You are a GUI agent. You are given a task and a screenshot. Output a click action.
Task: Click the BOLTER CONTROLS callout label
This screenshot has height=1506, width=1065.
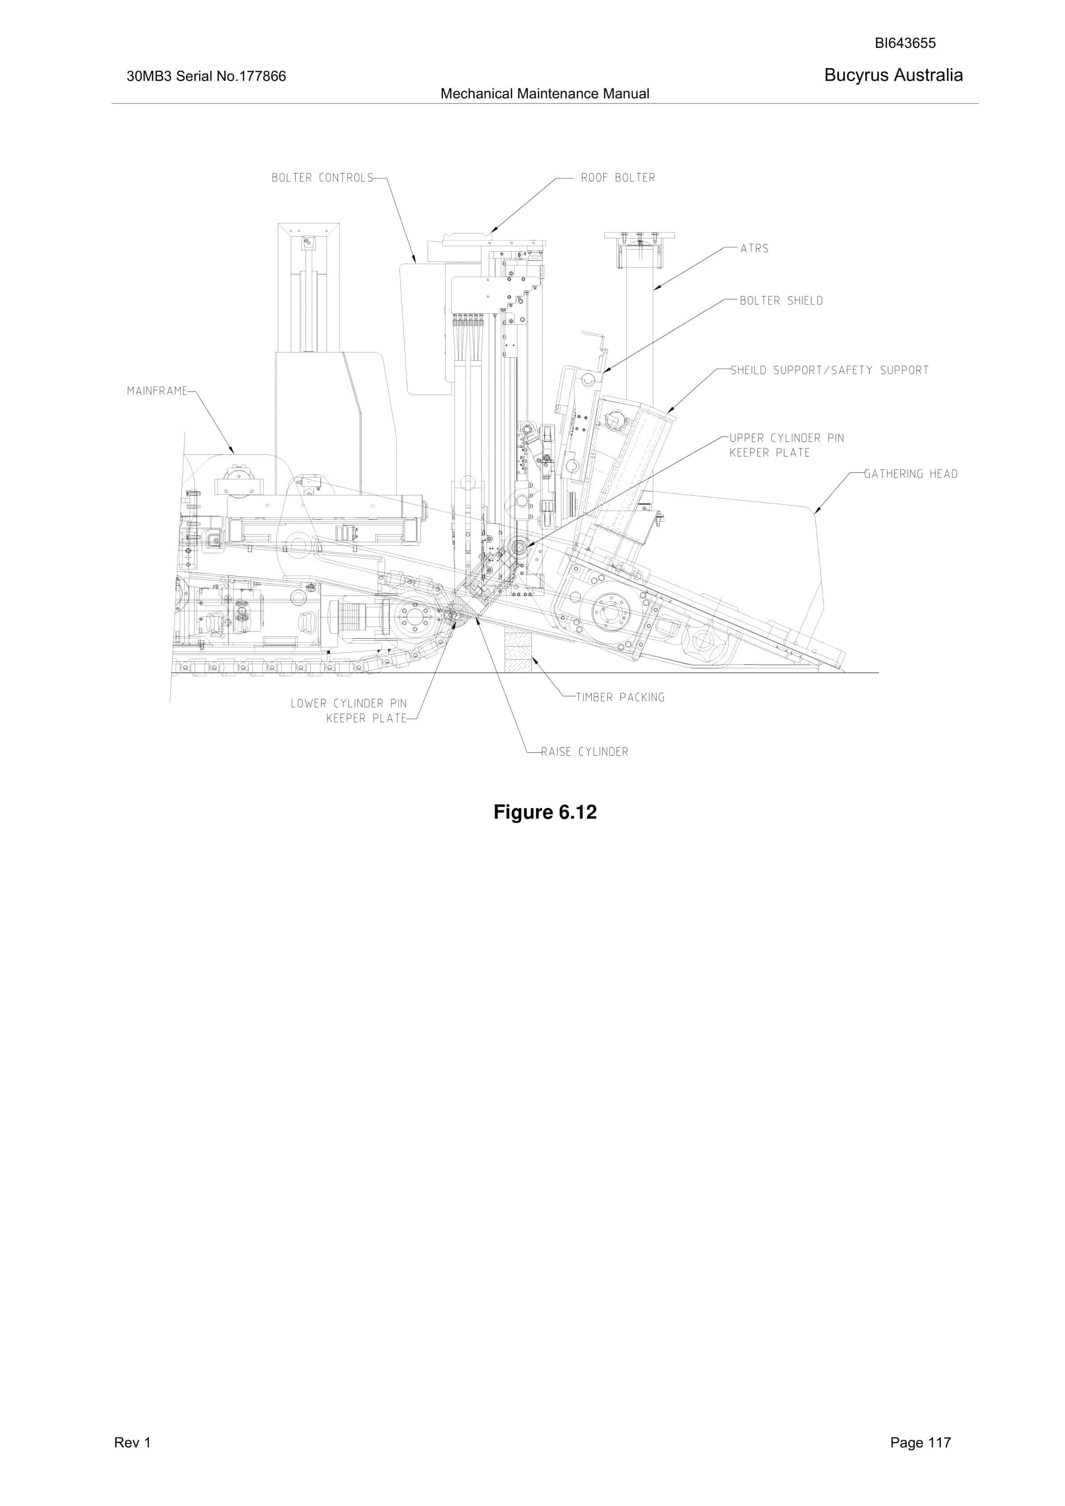click(x=322, y=178)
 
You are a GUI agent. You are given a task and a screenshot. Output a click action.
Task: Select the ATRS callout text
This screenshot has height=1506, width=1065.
click(x=754, y=249)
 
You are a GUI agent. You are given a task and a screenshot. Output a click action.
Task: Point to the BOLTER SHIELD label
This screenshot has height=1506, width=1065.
click(x=781, y=301)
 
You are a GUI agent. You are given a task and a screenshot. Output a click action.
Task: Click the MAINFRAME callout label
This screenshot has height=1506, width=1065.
click(x=157, y=391)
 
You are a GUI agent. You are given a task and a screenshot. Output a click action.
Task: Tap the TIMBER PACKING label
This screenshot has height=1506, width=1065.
click(x=620, y=697)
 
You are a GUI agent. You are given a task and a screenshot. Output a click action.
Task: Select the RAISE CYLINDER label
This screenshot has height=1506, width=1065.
click(x=585, y=752)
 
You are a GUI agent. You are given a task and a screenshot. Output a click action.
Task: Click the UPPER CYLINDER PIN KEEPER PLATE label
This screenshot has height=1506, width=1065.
click(x=787, y=445)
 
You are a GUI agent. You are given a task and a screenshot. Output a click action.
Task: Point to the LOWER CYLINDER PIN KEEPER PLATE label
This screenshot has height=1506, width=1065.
click(x=348, y=711)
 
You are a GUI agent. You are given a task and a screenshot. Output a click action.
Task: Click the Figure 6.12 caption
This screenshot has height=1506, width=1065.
click(x=545, y=812)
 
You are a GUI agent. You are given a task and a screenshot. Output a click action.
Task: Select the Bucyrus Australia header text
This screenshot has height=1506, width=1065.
click(x=893, y=76)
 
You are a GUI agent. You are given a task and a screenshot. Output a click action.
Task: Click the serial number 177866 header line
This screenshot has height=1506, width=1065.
click(x=206, y=76)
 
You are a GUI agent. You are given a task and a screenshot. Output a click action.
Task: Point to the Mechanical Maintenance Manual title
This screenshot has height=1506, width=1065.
click(x=545, y=94)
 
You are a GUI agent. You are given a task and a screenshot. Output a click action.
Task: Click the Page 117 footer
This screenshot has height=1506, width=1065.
click(x=920, y=1443)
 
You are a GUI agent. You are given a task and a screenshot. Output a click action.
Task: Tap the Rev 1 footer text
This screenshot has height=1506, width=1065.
click(x=132, y=1443)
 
